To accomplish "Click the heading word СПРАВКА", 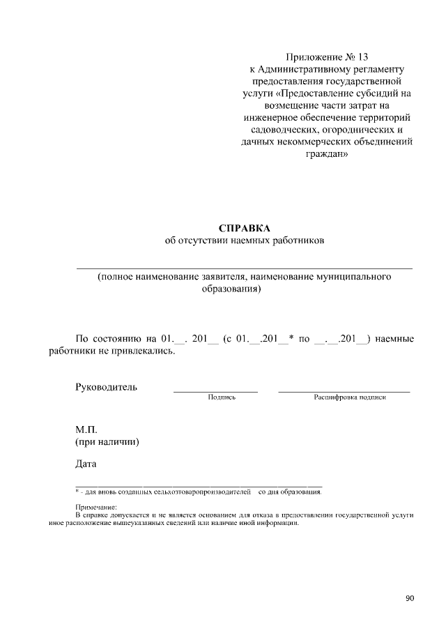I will point(244,228).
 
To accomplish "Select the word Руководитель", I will point(106,387).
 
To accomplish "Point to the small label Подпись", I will point(222,397).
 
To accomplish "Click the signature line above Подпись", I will point(215,392).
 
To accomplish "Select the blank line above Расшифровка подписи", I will point(344,392).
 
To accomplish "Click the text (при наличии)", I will point(107,442).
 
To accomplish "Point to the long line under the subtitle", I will point(244,268).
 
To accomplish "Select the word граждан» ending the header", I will point(323,155).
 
